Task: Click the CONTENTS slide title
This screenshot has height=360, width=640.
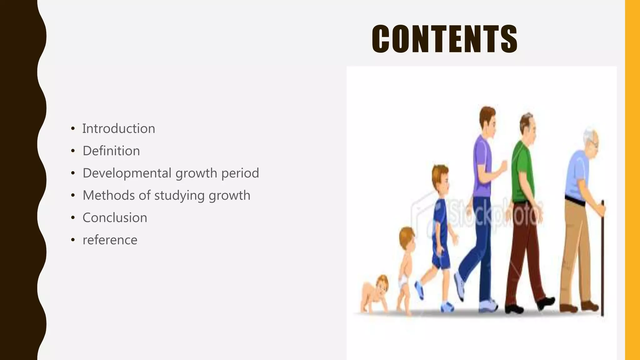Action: pyautogui.click(x=444, y=39)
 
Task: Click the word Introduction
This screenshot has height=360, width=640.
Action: pyautogui.click(x=118, y=129)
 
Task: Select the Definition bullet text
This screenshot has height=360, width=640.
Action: pyautogui.click(x=111, y=151)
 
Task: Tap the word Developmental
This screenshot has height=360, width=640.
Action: pyautogui.click(x=127, y=173)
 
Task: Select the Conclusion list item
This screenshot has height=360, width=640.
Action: pyautogui.click(x=115, y=218)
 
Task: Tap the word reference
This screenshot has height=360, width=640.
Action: pyautogui.click(x=110, y=240)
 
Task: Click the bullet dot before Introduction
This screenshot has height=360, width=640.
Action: pyautogui.click(x=73, y=129)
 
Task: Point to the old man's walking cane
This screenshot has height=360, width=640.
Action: pyautogui.click(x=602, y=259)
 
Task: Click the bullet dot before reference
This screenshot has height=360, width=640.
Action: pyautogui.click(x=73, y=240)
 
